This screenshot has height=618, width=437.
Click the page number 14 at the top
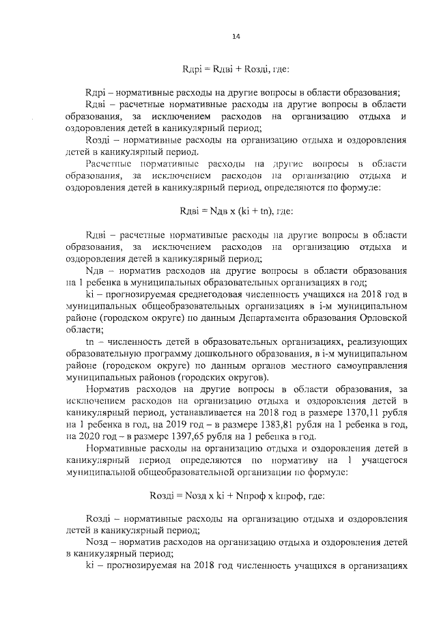(x=236, y=37)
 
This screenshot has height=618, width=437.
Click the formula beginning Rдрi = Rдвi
(x=236, y=70)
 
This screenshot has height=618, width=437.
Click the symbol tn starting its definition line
(x=89, y=339)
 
